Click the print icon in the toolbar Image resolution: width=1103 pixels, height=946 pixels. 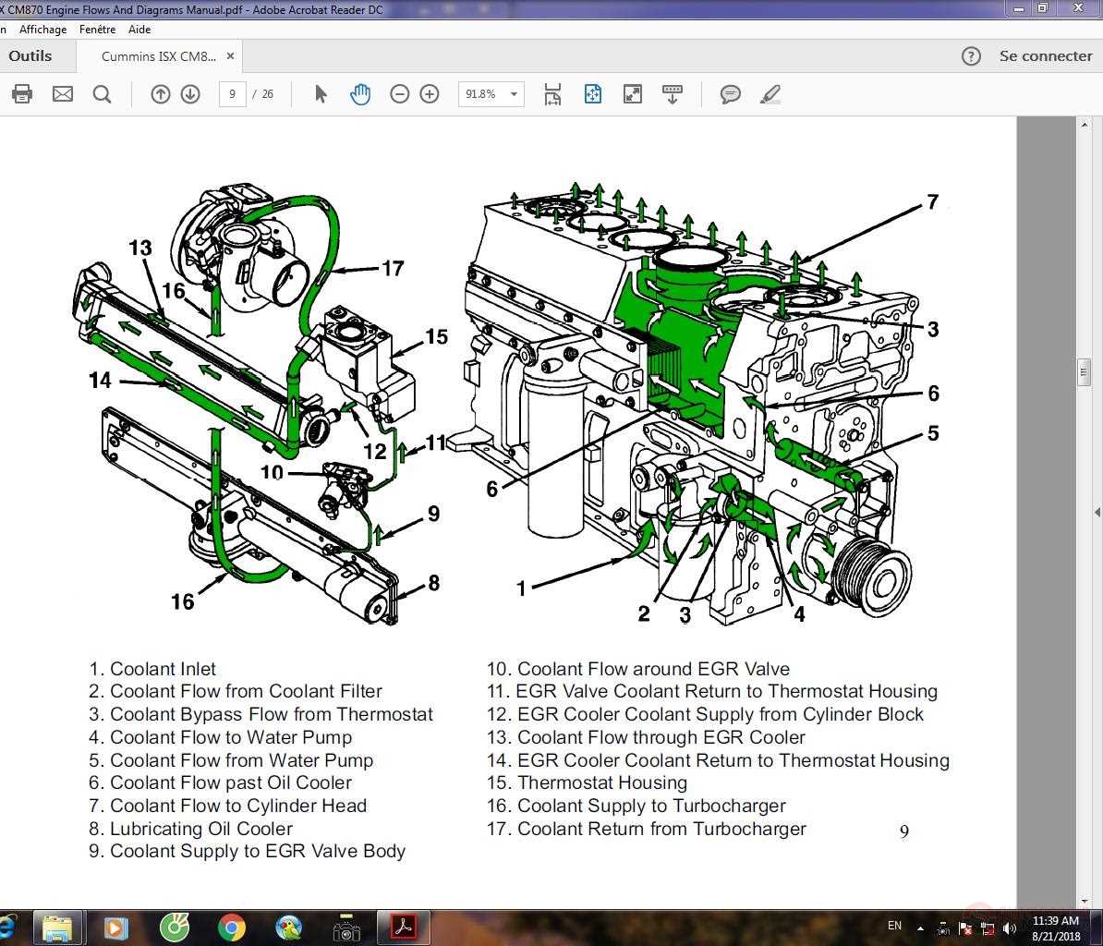click(22, 94)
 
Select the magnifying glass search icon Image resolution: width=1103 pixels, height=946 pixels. click(102, 94)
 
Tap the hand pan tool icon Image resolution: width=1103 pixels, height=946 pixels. click(359, 94)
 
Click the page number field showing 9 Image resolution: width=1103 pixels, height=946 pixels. click(232, 94)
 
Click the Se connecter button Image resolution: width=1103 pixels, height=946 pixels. click(1045, 56)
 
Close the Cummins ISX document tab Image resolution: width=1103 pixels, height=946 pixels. click(230, 56)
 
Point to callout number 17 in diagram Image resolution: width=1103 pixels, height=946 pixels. click(393, 268)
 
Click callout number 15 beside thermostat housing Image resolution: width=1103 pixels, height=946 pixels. click(436, 337)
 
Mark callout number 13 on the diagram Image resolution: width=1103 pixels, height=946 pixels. click(140, 248)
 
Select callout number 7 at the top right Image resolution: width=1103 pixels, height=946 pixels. click(932, 201)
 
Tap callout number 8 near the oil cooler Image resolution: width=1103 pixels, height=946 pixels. click(433, 583)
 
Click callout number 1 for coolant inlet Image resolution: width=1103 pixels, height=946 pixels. click(521, 588)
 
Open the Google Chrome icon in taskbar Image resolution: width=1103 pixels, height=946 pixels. click(231, 927)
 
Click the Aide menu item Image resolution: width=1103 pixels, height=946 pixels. click(139, 30)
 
